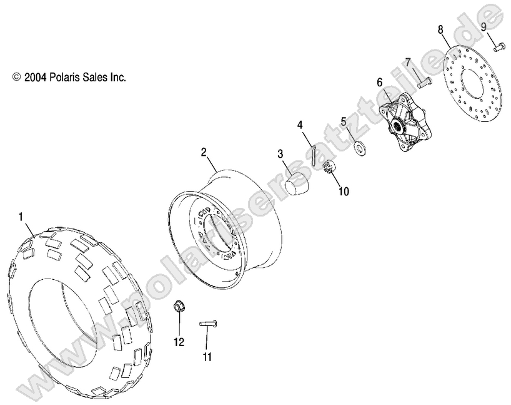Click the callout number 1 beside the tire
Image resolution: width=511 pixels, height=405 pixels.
tap(21, 217)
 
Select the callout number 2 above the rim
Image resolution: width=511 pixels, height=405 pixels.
tap(204, 151)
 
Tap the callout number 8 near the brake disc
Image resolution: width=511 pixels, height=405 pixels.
tap(440, 29)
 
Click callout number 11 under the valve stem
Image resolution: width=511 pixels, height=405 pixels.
tap(207, 357)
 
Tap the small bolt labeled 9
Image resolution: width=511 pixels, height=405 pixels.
tap(499, 46)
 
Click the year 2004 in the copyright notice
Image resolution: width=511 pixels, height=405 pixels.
tap(32, 78)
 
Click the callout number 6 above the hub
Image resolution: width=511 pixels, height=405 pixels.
tap(379, 82)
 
